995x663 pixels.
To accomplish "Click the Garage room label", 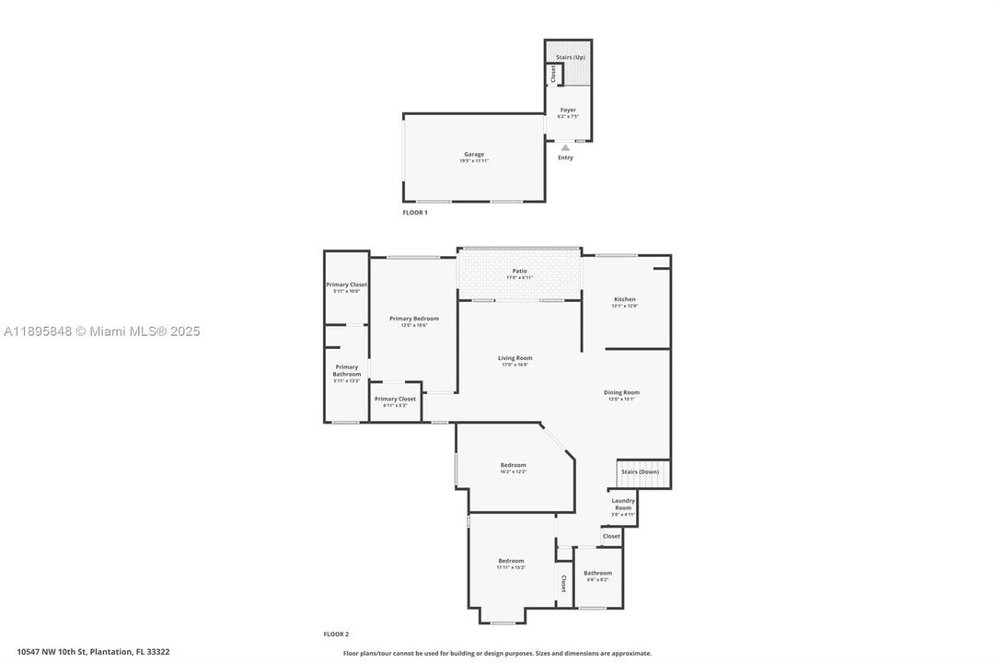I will (474, 155).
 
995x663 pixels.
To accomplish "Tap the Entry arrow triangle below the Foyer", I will (565, 147).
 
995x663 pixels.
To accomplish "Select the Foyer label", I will (568, 110).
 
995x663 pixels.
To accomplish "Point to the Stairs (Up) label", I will (570, 57).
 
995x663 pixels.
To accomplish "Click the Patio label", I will (520, 271).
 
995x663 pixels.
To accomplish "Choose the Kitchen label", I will (625, 299).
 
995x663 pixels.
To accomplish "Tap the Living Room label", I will (515, 358).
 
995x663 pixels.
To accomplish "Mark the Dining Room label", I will (622, 392).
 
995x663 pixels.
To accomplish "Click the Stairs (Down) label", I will (641, 471).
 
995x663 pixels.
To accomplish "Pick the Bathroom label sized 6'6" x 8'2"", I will (597, 573).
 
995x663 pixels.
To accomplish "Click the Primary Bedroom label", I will (413, 319).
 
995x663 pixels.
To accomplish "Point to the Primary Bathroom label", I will (347, 370).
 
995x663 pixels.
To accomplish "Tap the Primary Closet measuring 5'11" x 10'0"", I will (346, 285).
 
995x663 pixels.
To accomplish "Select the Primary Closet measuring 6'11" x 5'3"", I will (395, 399).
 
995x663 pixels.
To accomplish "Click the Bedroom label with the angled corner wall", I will (513, 465).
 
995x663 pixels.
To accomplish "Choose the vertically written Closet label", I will (563, 583).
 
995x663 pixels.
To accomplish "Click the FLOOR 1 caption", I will (415, 213).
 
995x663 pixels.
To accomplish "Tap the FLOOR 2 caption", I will (336, 634).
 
